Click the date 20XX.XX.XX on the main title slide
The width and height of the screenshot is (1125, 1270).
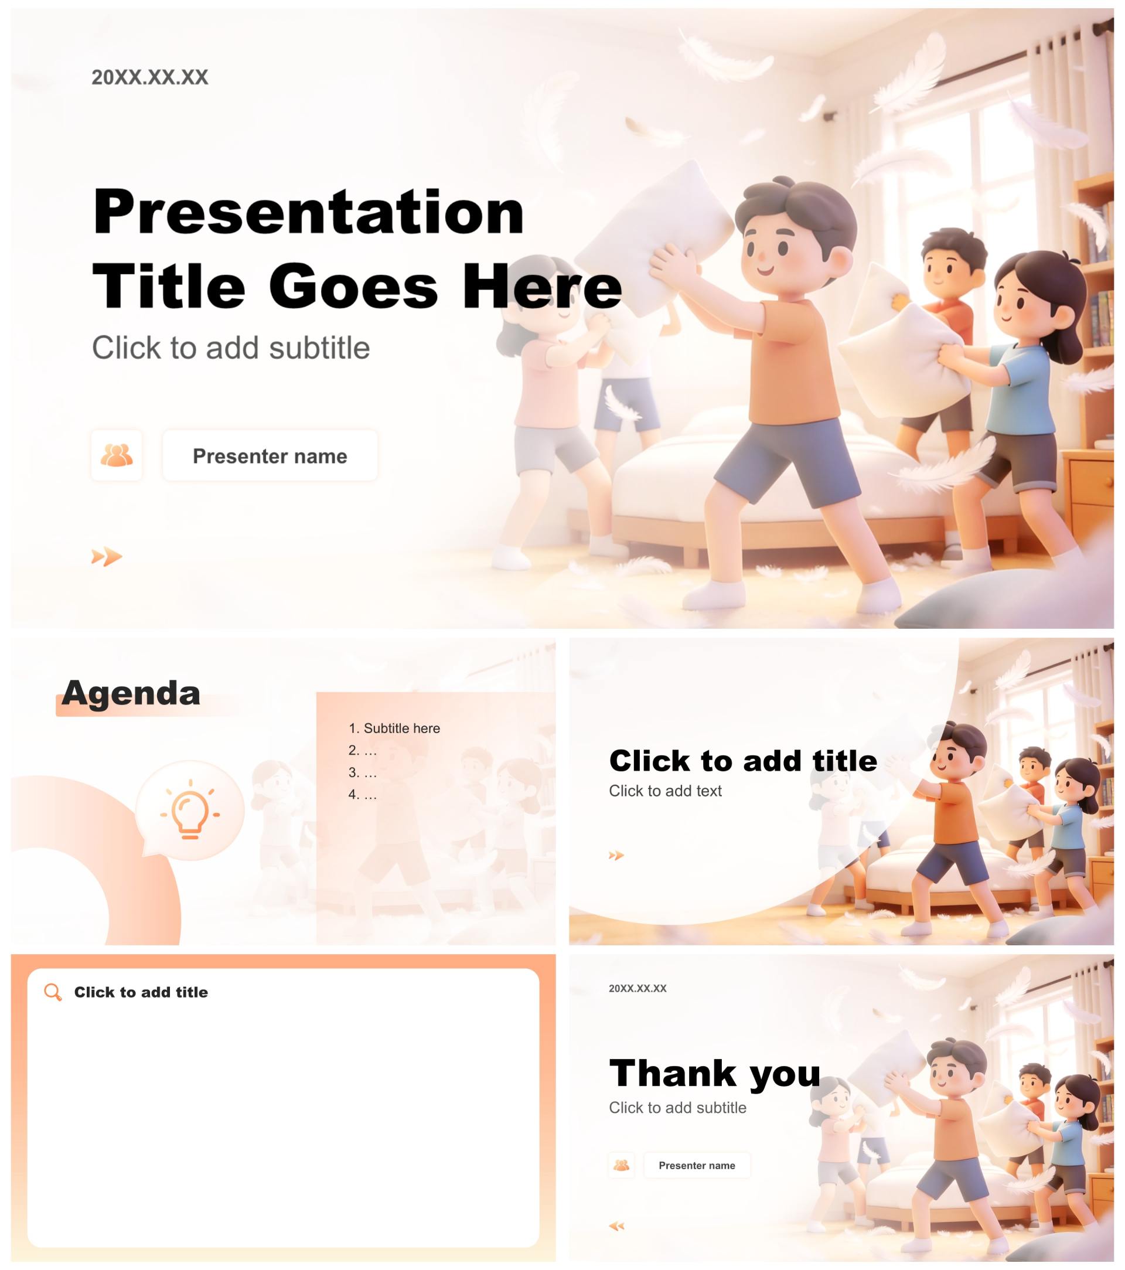coord(150,77)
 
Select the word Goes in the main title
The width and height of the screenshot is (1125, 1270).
coord(353,287)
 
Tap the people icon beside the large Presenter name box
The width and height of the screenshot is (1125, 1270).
coord(116,455)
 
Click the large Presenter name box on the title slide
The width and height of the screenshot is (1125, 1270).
coord(270,455)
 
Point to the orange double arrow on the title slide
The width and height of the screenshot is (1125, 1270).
coord(107,557)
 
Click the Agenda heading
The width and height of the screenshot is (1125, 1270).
coord(131,693)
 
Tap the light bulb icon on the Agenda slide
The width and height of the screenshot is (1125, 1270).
coord(190,810)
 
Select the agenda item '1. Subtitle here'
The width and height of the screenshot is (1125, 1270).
coord(394,728)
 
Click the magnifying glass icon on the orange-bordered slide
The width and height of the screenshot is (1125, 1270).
coord(53,992)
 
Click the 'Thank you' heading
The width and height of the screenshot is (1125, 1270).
coord(715,1074)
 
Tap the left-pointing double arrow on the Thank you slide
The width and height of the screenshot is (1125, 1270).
coord(616,1226)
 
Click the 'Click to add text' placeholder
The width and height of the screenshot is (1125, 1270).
coord(664,791)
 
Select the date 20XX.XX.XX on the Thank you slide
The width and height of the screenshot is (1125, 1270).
coord(637,989)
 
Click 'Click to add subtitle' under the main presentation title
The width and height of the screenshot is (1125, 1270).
coord(231,348)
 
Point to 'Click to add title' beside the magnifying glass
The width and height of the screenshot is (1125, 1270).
coord(141,992)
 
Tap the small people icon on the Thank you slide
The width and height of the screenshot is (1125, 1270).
coord(621,1166)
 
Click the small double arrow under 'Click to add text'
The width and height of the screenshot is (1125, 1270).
coord(616,856)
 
